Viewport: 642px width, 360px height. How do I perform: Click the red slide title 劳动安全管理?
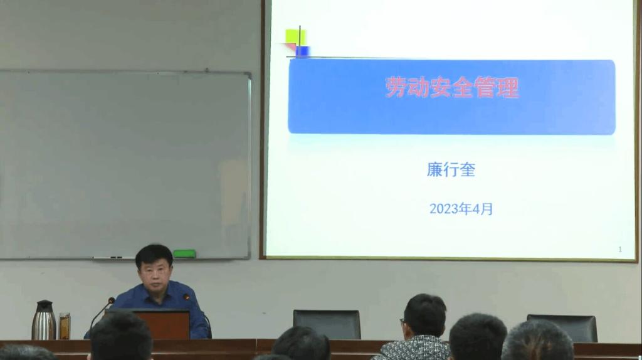[x=452, y=87]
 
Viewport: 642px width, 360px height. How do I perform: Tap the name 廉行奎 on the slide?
[x=451, y=169]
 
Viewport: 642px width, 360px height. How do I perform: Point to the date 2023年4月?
[x=461, y=209]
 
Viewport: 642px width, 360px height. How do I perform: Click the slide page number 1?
[x=620, y=249]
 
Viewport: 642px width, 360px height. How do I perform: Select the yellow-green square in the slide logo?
[x=296, y=37]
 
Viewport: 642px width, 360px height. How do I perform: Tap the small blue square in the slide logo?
[x=302, y=51]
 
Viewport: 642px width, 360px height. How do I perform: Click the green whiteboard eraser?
[x=184, y=253]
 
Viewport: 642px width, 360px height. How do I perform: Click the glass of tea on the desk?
[x=65, y=326]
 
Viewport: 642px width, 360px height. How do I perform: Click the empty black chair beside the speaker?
[x=327, y=324]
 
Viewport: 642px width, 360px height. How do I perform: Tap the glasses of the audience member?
[x=403, y=322]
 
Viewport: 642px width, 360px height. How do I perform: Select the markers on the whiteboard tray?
[x=108, y=258]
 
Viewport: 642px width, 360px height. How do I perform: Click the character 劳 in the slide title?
[x=396, y=87]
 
